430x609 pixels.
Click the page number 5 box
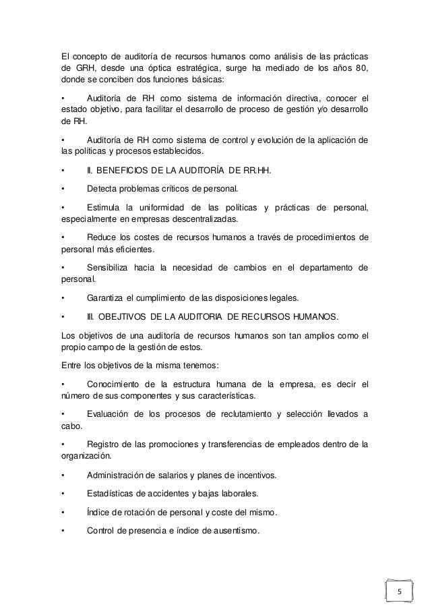tap(398, 592)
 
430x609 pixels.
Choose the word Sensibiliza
tap(112, 268)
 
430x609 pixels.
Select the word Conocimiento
tap(118, 385)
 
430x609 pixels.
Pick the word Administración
tap(119, 475)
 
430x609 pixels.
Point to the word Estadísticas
tap(113, 493)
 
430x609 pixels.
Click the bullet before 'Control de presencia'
tap(62, 530)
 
